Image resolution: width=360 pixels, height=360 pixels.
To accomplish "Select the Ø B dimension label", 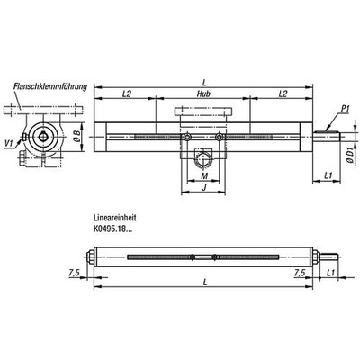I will pos(77,138).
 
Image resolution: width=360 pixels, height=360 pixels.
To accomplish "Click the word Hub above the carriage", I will pos(203,94).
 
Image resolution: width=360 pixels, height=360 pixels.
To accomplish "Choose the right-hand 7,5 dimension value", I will pos(299,270).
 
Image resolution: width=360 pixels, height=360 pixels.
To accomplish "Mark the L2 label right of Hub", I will pos(282,94).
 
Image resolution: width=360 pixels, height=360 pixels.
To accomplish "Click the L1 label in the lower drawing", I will pos(331,270).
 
